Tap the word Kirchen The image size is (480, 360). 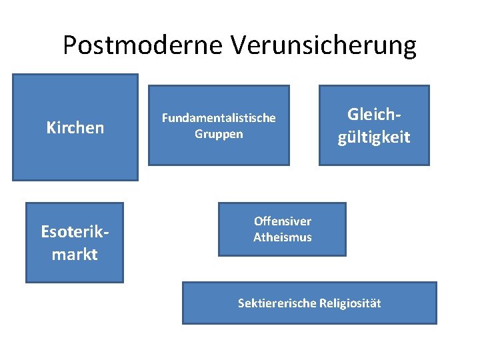(x=75, y=127)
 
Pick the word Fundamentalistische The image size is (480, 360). (x=219, y=118)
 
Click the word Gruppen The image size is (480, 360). (x=219, y=134)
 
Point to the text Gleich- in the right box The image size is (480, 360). (x=374, y=114)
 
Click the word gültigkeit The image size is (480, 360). (x=374, y=137)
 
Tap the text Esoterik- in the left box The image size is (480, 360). (x=75, y=231)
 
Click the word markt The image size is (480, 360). (x=75, y=254)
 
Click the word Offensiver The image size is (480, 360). (x=282, y=221)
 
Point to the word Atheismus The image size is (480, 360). (x=282, y=237)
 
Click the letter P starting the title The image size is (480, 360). (x=69, y=46)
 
